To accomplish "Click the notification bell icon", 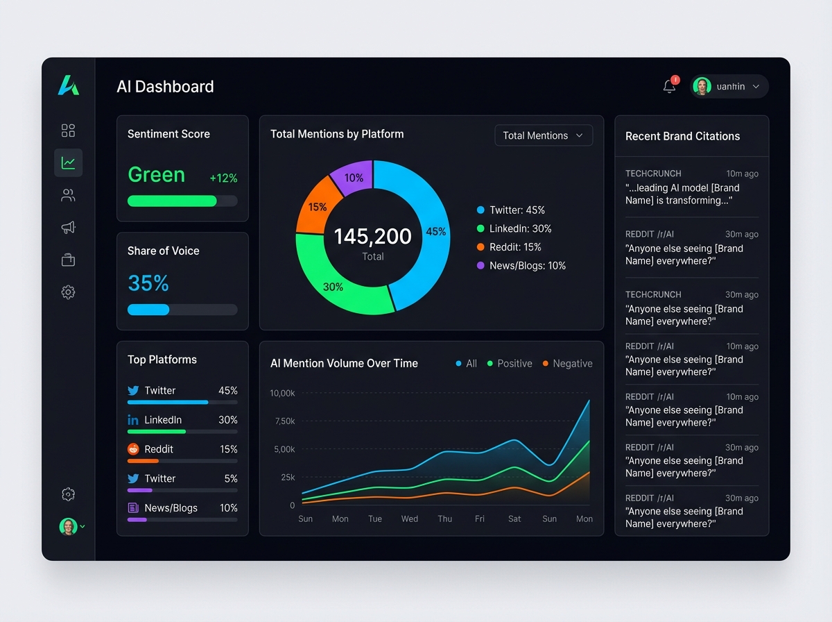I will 669,86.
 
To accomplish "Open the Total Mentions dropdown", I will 544,135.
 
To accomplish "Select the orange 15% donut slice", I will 317,207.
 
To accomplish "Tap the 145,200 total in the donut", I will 372,237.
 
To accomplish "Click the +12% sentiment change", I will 223,178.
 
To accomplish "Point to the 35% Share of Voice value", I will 148,283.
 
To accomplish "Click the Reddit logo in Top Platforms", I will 133,449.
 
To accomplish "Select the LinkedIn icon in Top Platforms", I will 133,420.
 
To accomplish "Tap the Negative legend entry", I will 567,363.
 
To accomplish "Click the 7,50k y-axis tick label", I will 285,421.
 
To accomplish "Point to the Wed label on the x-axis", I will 410,519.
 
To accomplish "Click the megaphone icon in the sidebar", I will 68,227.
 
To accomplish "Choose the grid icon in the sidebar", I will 68,131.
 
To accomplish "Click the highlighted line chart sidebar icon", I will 68,162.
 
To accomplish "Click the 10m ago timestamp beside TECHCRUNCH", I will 742,174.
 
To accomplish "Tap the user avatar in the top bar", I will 702,86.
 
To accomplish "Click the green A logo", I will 69,85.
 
